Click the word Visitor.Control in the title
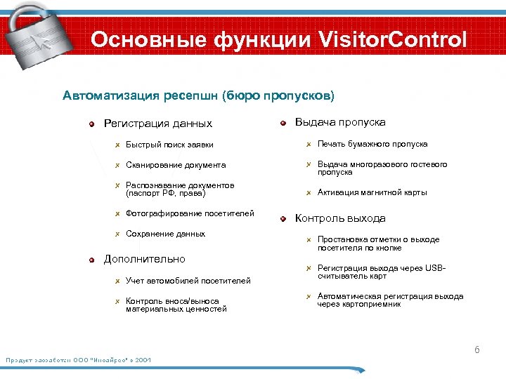pos(393,40)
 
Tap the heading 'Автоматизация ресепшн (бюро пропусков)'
pos(199,95)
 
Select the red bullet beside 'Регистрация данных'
pos(91,124)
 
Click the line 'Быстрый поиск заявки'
pos(169,145)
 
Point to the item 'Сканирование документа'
pos(176,165)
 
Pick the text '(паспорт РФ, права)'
pos(165,193)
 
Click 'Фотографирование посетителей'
pos(190,213)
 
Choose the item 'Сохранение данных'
pos(165,234)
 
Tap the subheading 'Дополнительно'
pos(145,259)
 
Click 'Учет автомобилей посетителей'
pos(188,281)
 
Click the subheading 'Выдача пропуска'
pos(340,122)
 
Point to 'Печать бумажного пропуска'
pos(372,144)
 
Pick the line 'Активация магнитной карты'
pos(372,192)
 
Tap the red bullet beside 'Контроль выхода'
pos(283,219)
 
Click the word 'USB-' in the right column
pos(435,268)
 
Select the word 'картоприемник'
pos(375,305)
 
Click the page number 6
pos(476,349)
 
